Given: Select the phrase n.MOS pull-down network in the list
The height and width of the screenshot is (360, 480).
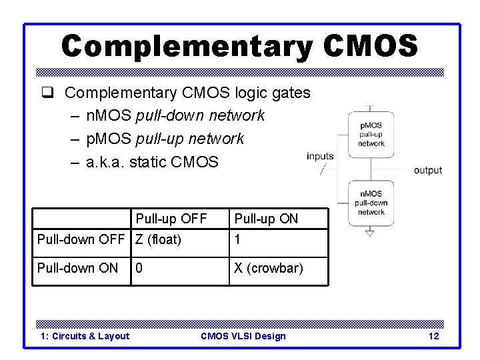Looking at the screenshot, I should (176, 115).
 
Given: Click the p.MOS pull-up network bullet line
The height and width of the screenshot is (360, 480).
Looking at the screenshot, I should (165, 138).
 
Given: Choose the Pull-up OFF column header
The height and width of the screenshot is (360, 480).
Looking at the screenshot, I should (171, 219).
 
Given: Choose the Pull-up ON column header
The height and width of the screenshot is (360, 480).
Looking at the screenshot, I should (265, 219).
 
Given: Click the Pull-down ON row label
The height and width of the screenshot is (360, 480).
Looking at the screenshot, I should (78, 268).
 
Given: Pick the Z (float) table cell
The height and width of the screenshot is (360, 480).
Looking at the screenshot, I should (159, 239).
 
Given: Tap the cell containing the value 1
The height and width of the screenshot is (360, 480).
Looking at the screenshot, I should (237, 239).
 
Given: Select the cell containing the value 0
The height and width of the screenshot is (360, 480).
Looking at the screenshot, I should (139, 268).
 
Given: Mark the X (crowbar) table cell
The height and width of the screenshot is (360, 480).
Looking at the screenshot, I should (268, 268).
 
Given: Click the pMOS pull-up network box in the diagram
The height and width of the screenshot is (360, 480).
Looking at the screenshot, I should (371, 134).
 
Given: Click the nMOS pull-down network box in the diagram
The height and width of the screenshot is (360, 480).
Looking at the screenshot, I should (371, 203).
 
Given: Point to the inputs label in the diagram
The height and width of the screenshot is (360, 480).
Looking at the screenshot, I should (320, 157).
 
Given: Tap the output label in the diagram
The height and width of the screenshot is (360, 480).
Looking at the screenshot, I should (428, 171).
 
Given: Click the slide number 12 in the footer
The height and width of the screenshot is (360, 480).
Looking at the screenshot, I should (433, 336).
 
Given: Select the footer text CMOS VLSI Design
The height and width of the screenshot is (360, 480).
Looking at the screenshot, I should (243, 336).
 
